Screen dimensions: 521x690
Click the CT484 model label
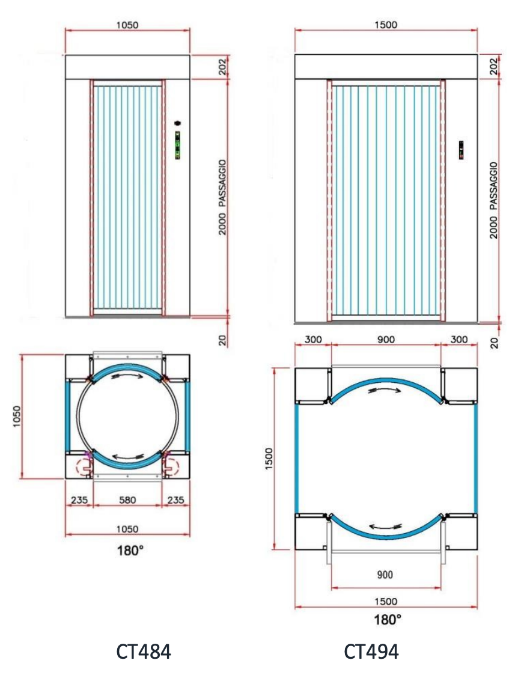pyautogui.click(x=144, y=652)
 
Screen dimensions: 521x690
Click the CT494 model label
pyautogui.click(x=371, y=652)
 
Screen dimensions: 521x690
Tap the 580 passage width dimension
pyautogui.click(x=127, y=500)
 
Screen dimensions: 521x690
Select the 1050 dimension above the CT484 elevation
pyautogui.click(x=127, y=25)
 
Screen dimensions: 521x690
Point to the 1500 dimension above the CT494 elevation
pyautogui.click(x=386, y=25)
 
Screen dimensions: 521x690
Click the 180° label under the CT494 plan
pyautogui.click(x=387, y=620)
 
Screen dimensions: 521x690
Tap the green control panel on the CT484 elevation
pyautogui.click(x=177, y=145)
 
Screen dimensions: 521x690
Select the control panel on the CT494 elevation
pyautogui.click(x=461, y=150)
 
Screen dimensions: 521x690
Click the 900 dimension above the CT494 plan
pyautogui.click(x=386, y=340)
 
